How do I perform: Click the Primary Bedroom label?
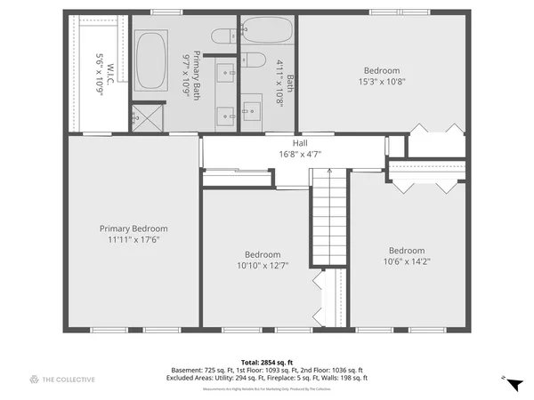[133, 228]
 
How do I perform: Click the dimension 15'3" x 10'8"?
[382, 82]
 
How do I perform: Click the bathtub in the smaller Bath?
[266, 29]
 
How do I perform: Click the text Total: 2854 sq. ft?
[267, 362]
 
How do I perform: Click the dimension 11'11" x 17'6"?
[133, 240]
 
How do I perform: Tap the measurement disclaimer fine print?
[267, 389]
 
